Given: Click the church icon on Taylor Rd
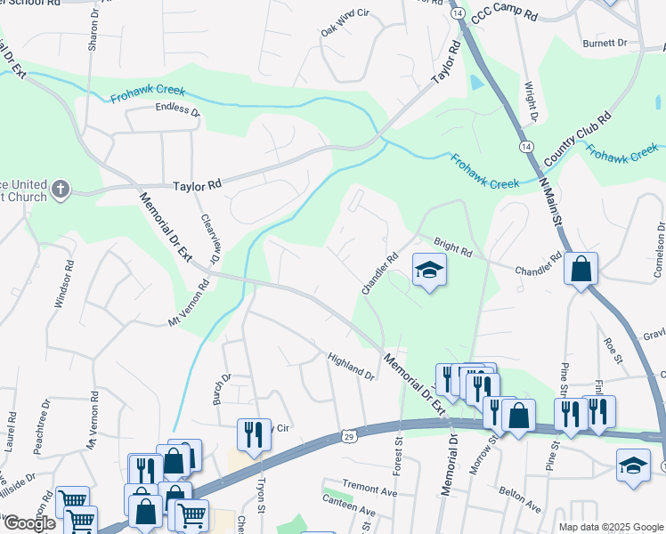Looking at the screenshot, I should tap(60, 189).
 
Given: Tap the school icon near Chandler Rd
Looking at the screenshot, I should tap(428, 271).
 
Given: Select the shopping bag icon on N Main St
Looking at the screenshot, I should tap(581, 269).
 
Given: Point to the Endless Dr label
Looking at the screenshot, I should tap(177, 110).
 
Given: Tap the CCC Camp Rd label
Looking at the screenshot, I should tap(505, 16).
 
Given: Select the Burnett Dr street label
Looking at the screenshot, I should tap(605, 42).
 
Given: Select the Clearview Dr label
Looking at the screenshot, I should tap(209, 240).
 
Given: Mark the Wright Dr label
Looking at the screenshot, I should tap(531, 102).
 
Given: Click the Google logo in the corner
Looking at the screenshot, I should tap(28, 522).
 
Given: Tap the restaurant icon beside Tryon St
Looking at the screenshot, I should tap(254, 433).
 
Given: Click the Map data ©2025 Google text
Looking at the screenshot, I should tap(610, 527).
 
